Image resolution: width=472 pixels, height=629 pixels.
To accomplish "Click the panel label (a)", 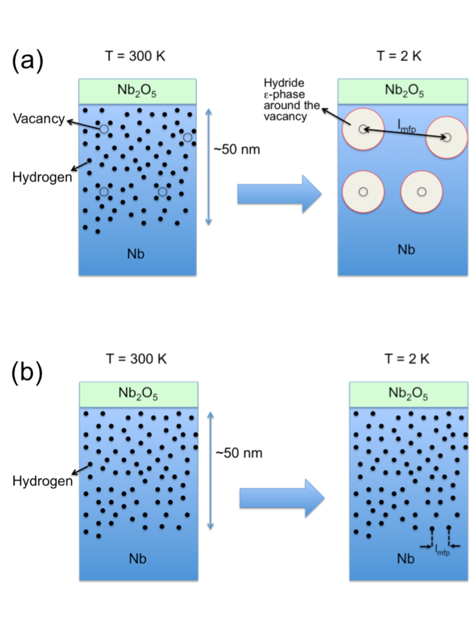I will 27,61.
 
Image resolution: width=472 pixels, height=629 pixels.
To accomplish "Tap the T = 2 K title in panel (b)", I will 407,358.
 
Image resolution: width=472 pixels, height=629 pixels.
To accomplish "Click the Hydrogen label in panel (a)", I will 43,177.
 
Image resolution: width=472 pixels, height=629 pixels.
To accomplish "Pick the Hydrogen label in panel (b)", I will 43,481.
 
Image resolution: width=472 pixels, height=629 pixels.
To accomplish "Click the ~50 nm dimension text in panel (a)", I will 236,150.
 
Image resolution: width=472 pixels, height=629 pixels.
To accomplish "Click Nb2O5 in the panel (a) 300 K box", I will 137,90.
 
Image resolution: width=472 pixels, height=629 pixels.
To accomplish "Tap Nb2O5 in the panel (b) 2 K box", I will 408,393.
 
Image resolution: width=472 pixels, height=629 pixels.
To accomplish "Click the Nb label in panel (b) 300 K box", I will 138,558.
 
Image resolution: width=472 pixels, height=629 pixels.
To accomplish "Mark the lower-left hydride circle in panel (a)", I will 363,192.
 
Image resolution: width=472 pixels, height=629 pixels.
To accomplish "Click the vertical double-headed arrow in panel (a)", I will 209,168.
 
